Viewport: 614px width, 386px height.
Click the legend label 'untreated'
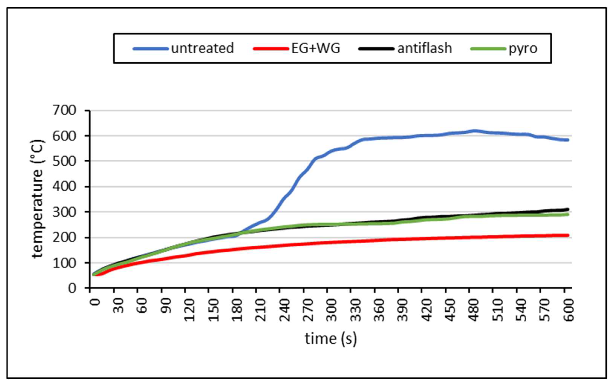pos(202,48)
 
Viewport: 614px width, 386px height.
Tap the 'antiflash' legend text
pos(424,48)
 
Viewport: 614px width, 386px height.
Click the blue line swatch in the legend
pos(151,48)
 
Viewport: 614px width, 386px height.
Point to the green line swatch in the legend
pos(488,48)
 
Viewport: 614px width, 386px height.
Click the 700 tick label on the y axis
pos(64,110)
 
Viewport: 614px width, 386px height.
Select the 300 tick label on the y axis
pos(64,212)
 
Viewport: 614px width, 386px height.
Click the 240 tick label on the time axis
pos(284,310)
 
